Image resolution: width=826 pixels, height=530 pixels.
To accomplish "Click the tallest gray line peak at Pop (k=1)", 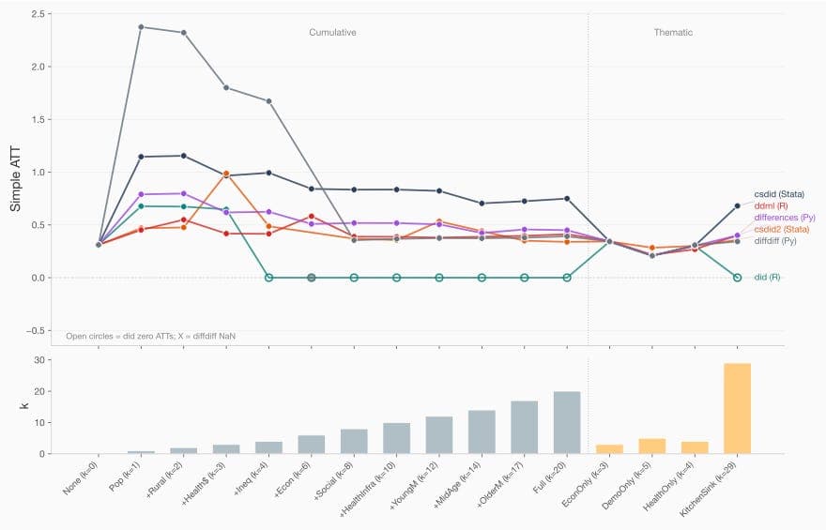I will click(x=141, y=26).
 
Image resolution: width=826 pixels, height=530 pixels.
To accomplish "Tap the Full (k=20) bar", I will click(x=567, y=422).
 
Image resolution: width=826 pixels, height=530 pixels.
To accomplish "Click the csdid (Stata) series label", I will click(x=782, y=193).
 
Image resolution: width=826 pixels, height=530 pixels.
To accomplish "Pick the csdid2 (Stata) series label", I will click(x=784, y=229).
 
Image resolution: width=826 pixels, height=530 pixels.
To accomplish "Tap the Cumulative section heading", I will click(x=332, y=32).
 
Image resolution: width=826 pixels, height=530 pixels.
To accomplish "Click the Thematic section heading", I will click(x=673, y=32).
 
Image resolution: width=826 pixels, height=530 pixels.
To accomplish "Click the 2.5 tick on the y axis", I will click(x=38, y=14).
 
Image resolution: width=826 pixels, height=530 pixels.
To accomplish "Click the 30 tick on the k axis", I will click(x=41, y=360).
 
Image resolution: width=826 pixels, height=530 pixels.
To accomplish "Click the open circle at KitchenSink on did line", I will click(x=737, y=278).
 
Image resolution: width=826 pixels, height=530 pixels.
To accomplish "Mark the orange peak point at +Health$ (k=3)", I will click(x=226, y=174).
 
